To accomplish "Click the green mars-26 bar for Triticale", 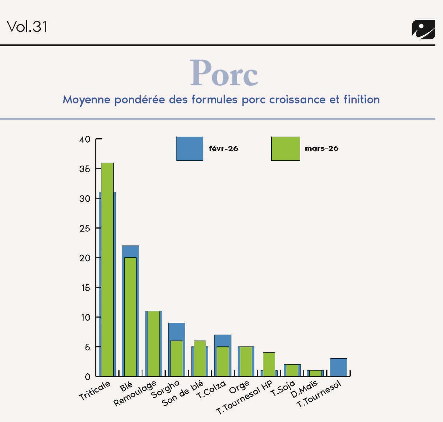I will coord(107,269).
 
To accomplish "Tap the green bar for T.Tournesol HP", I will coord(269,364).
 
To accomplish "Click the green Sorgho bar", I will coord(176,358).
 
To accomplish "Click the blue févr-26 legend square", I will coord(189,148).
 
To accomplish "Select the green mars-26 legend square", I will coord(286,148).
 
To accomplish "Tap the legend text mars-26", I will coord(321,148).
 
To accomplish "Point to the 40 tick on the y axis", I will coord(85,139).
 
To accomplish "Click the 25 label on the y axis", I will coord(85,228).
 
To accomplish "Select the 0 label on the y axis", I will coord(87,376).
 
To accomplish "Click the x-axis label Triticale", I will coord(94,391).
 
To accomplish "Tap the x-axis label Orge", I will coord(239,387).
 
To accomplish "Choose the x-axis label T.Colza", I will coord(211,389).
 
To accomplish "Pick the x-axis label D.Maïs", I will coord(304,388).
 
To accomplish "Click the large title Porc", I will coord(224,73).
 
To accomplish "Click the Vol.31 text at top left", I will coord(27,27).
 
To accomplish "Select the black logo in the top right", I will coord(423,29).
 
